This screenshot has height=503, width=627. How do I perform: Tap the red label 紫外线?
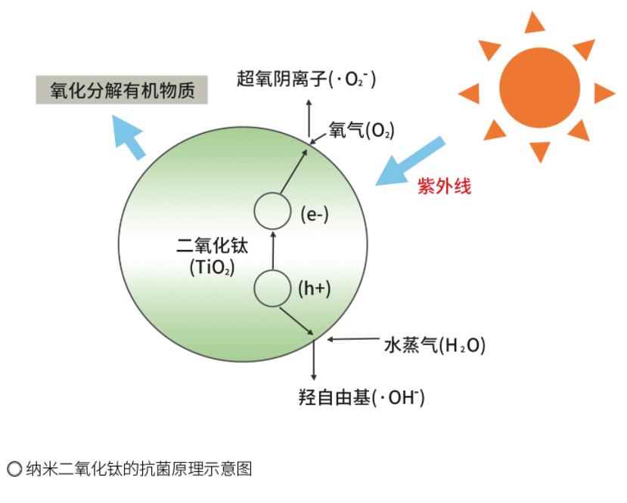[x=444, y=187]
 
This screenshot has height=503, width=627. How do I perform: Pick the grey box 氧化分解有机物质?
[x=123, y=91]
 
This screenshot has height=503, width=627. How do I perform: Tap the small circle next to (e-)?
[x=272, y=211]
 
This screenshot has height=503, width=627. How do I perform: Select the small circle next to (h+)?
[x=272, y=288]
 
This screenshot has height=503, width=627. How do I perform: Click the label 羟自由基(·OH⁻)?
[x=362, y=398]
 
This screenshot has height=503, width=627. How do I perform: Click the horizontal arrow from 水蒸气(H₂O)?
[x=351, y=339]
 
